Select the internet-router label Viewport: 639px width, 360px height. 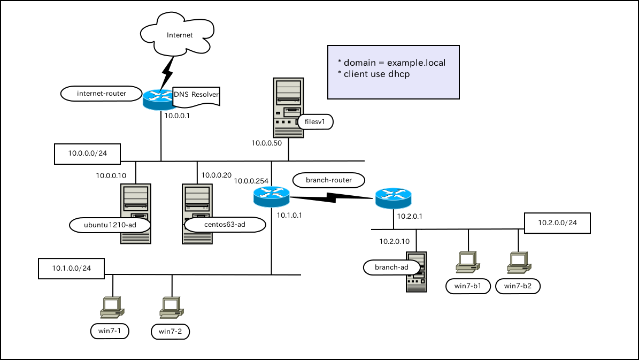(x=102, y=94)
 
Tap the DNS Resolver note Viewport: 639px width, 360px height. (x=196, y=95)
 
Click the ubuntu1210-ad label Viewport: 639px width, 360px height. (x=110, y=225)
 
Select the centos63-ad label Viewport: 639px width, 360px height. (x=225, y=225)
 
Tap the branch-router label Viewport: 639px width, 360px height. (x=328, y=180)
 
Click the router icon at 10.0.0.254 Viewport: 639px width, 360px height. (x=271, y=197)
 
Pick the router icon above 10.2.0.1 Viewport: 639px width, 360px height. (x=393, y=198)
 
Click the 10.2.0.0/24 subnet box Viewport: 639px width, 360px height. (x=557, y=223)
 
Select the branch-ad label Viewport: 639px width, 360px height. (x=392, y=267)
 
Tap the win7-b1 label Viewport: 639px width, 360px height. (x=468, y=286)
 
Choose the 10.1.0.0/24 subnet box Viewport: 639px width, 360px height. (x=71, y=268)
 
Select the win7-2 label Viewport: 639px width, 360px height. (x=170, y=332)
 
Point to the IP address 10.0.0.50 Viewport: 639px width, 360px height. (x=267, y=143)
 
